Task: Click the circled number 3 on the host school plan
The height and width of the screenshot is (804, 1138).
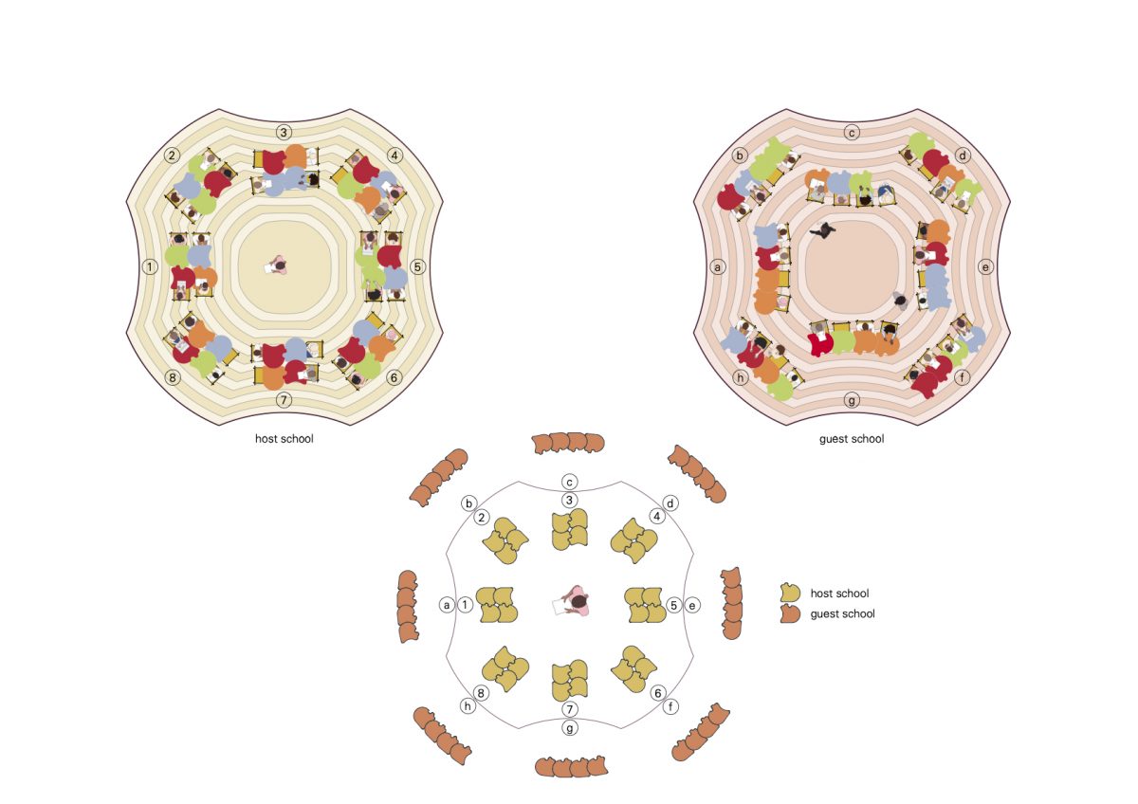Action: pyautogui.click(x=284, y=132)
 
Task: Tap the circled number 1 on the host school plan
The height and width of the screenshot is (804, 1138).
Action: pyautogui.click(x=150, y=266)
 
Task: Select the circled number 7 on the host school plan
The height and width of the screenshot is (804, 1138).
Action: pyautogui.click(x=284, y=400)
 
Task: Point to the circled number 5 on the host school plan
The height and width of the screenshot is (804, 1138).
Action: pyautogui.click(x=418, y=266)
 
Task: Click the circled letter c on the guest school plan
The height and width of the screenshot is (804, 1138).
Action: pyautogui.click(x=853, y=132)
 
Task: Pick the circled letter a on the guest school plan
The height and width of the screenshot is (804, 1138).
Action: pyautogui.click(x=718, y=267)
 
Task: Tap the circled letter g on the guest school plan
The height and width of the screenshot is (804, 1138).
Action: pyautogui.click(x=853, y=400)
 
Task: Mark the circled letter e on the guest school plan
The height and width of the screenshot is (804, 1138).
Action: pyautogui.click(x=986, y=267)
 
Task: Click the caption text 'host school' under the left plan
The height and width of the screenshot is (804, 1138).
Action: pyautogui.click(x=284, y=439)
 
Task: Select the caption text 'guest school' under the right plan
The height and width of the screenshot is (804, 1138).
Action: pyautogui.click(x=852, y=439)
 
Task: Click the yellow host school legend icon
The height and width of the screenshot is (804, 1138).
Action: pyautogui.click(x=790, y=594)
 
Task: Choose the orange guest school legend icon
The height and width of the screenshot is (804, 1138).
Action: pyautogui.click(x=790, y=613)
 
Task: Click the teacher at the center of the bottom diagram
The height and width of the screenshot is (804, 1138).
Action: pyautogui.click(x=574, y=602)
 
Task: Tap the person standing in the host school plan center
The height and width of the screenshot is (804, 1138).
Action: pyautogui.click(x=278, y=265)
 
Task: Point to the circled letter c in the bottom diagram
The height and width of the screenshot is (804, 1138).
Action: pyautogui.click(x=570, y=482)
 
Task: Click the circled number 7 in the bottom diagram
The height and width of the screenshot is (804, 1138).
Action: pyautogui.click(x=570, y=709)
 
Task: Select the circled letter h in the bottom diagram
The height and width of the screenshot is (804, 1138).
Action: pyautogui.click(x=468, y=705)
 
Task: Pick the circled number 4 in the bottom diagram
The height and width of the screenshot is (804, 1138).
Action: pyautogui.click(x=656, y=517)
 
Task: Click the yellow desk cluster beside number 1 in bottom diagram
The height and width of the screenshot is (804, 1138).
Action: pyautogui.click(x=496, y=605)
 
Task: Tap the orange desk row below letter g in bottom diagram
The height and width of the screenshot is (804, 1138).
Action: pyautogui.click(x=570, y=766)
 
